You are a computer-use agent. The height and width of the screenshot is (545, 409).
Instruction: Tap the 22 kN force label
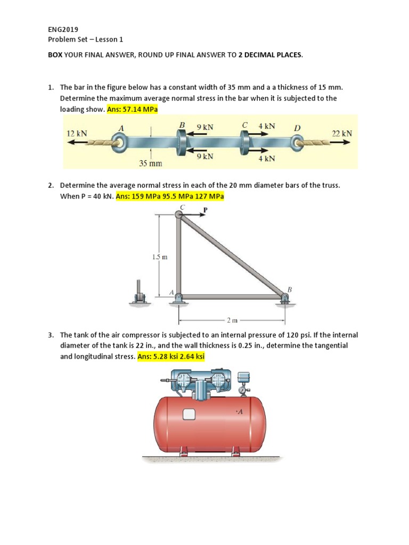[x=342, y=134]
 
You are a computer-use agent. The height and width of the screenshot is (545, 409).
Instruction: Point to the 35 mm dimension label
[x=151, y=163]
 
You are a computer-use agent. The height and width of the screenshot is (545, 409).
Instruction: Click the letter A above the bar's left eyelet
[x=121, y=128]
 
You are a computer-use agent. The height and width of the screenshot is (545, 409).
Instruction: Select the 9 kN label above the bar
[x=204, y=127]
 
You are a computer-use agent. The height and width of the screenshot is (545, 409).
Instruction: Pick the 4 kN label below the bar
[x=267, y=158]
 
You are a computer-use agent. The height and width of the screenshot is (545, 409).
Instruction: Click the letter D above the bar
[x=297, y=128]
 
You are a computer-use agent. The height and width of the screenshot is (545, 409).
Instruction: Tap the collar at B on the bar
[x=182, y=142]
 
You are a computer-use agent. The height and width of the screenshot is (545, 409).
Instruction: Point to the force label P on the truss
[x=204, y=211]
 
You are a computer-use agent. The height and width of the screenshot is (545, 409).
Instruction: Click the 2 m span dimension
[x=232, y=320]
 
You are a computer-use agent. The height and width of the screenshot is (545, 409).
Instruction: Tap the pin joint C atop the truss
[x=179, y=214]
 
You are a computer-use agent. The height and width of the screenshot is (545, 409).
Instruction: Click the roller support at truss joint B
[x=283, y=301]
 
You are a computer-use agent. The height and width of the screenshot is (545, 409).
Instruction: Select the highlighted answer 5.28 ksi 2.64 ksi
[x=171, y=356]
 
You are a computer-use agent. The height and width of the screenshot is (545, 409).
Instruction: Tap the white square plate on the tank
[x=189, y=415]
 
